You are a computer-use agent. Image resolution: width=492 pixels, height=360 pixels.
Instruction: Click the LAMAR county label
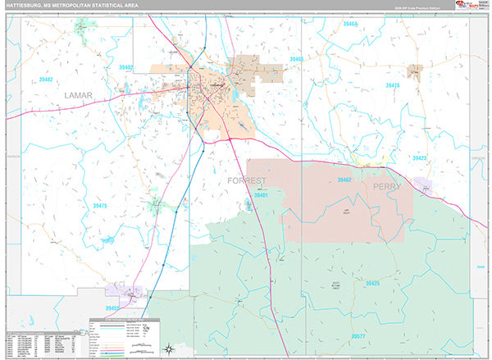77,96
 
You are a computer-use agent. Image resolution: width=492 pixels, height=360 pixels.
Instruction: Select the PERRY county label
387,187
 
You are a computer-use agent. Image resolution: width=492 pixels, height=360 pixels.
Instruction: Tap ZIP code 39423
419,157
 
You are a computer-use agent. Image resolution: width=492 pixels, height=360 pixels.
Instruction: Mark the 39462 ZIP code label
344,180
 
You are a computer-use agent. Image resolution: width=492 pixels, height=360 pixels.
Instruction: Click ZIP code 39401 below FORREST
261,195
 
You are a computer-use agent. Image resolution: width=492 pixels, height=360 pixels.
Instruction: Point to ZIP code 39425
370,283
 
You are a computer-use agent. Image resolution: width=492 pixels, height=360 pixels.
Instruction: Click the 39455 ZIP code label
112,308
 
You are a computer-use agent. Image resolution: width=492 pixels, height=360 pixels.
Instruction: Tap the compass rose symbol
169,348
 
